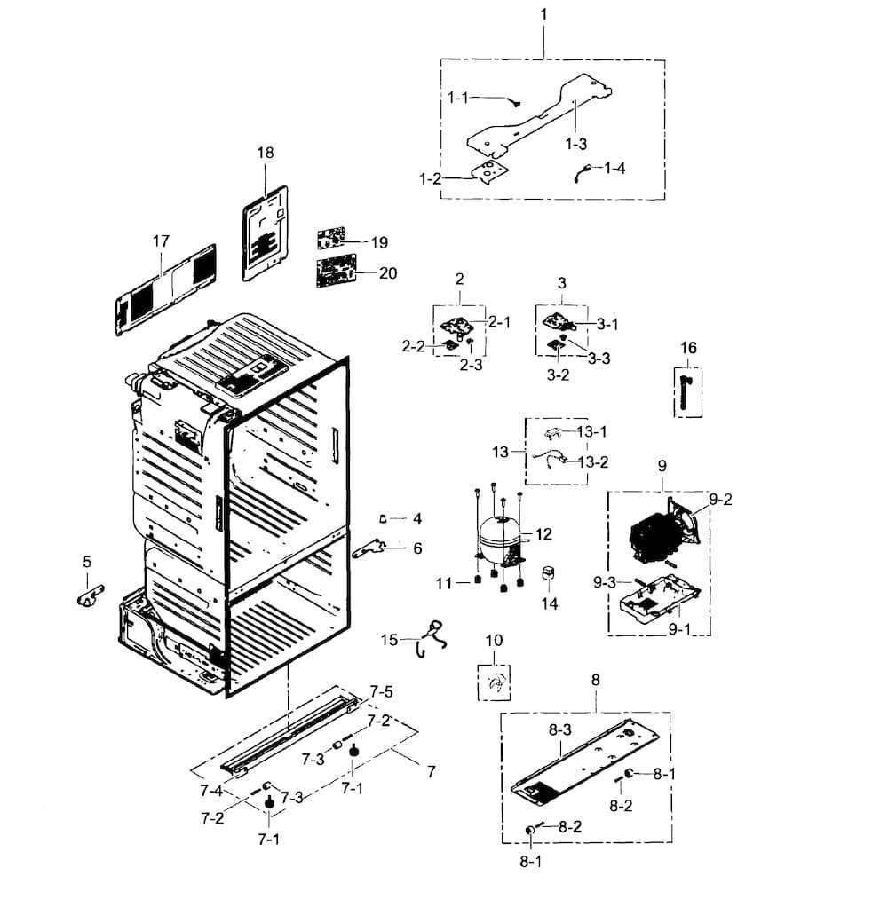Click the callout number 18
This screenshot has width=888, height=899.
click(x=266, y=153)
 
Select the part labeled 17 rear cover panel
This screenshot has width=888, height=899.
click(x=166, y=290)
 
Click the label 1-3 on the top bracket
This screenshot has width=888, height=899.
click(x=575, y=143)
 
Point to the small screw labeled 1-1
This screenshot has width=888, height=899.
click(x=512, y=102)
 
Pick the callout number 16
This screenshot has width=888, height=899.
click(x=689, y=347)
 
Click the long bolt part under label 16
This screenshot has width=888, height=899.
click(x=686, y=390)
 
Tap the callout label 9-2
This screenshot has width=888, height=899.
click(x=719, y=499)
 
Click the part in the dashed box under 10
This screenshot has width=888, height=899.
click(x=497, y=682)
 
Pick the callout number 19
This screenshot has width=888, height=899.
click(x=379, y=242)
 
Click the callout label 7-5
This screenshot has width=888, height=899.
click(x=380, y=690)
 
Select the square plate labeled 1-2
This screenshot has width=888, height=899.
click(x=490, y=170)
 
